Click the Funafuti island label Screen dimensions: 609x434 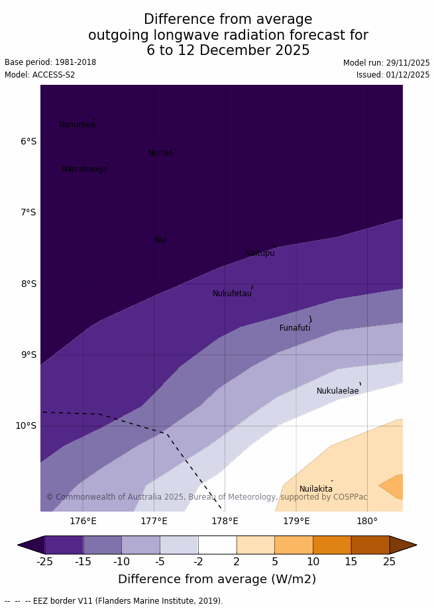coord(295,328)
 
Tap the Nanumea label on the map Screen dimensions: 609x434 coord(77,125)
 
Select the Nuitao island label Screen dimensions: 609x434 coord(160,153)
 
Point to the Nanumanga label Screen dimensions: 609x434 coord(84,169)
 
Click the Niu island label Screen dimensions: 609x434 coord(160,240)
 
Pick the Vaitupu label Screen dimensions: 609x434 coord(260,253)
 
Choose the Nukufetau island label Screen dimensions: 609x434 coord(232,294)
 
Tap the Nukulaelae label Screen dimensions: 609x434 coord(337,391)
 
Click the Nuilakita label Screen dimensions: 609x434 coord(316,489)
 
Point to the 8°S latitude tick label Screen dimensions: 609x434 coord(28,284)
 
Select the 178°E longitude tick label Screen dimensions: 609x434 coord(225,521)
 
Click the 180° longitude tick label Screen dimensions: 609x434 coord(367,521)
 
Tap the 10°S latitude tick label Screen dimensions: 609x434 coord(26,425)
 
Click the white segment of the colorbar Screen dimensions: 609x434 coord(217,545)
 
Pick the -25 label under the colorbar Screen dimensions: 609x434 coord(44,562)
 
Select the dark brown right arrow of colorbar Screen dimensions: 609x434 coord(402,545)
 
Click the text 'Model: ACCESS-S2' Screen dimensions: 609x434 coord(40,75)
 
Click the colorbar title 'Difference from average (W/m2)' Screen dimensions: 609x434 coord(217,579)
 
